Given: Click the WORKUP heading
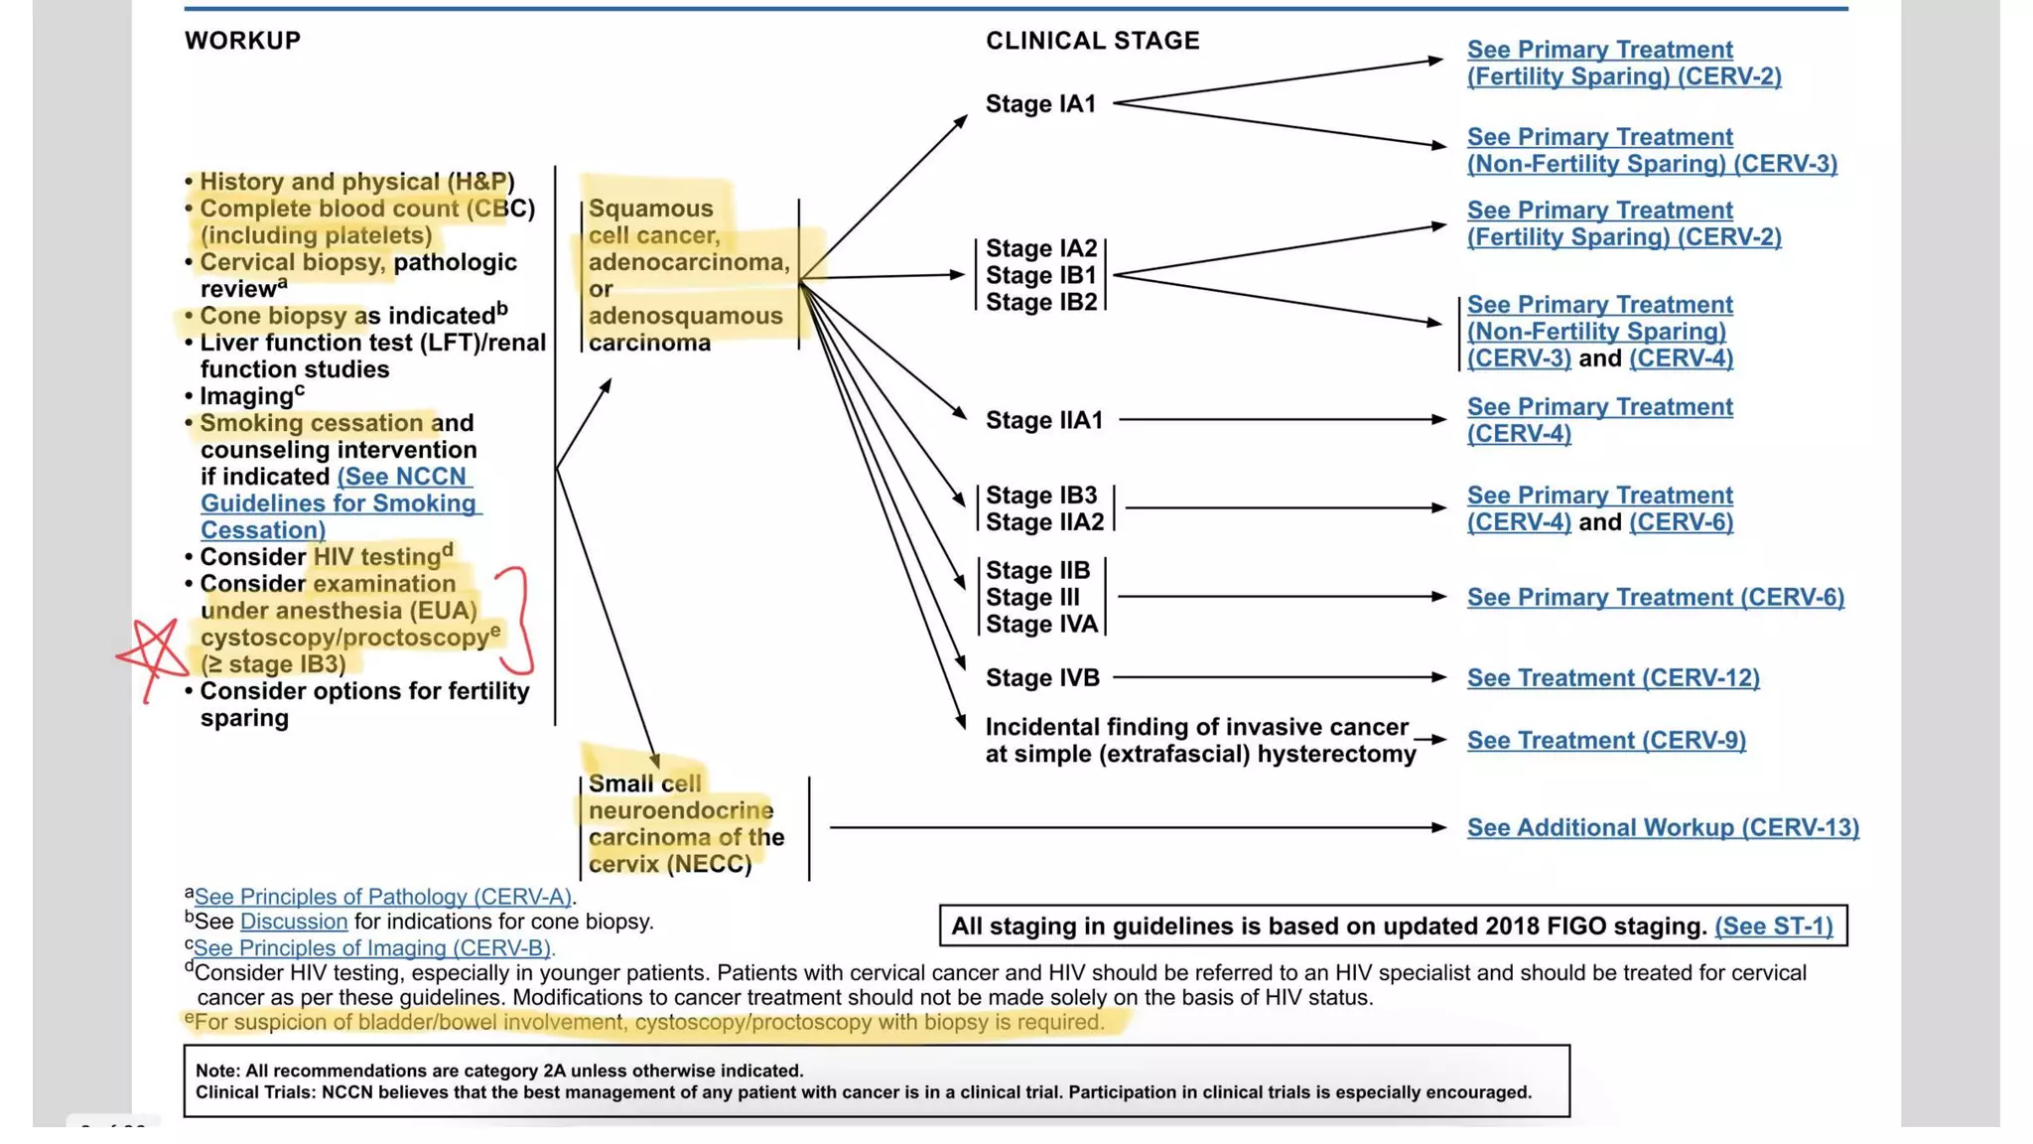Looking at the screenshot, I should pyautogui.click(x=242, y=41).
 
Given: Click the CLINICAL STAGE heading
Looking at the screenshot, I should pyautogui.click(x=1092, y=41).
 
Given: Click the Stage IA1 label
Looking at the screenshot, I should pyautogui.click(x=1040, y=104).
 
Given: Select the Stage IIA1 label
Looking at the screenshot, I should pyautogui.click(x=1044, y=420).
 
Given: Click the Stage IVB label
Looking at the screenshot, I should pyautogui.click(x=1042, y=677).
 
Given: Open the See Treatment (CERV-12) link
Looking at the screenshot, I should pyautogui.click(x=1613, y=677).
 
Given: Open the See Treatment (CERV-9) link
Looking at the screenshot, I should pyautogui.click(x=1606, y=740).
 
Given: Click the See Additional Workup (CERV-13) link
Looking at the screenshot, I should pyautogui.click(x=1663, y=827).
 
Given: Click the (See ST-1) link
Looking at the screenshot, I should pyautogui.click(x=1773, y=926).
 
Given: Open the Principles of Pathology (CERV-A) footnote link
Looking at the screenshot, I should pyautogui.click(x=383, y=897).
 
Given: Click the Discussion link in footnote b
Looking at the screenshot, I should pyautogui.click(x=294, y=922).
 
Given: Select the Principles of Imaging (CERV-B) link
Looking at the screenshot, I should pyautogui.click(x=373, y=947).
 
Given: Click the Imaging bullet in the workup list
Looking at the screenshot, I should pyautogui.click(x=246, y=396).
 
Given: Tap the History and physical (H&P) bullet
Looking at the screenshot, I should pyautogui.click(x=356, y=182).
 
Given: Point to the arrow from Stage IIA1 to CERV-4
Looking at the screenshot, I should pyautogui.click(x=1281, y=419).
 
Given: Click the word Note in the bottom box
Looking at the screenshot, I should pyautogui.click(x=215, y=1071).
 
